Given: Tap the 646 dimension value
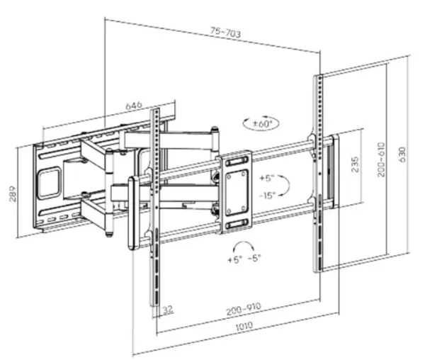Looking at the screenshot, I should coord(134,106).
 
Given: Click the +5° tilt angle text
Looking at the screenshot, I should coord(267,178).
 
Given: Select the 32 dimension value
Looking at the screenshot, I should coord(167,309).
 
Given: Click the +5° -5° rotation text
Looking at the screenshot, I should coord(245,259).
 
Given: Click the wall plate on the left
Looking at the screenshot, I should coord(51,187).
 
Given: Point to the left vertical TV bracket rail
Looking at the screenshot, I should coord(154,213).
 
